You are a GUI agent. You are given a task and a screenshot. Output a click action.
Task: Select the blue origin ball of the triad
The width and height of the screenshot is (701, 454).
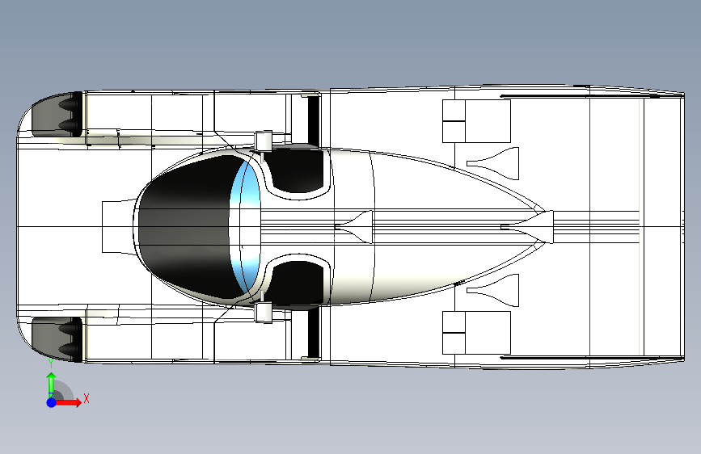(x=51, y=402)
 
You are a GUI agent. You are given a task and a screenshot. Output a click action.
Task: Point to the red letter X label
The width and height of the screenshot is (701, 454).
(x=87, y=398)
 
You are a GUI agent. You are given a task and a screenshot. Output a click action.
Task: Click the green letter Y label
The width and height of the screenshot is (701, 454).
(x=51, y=363)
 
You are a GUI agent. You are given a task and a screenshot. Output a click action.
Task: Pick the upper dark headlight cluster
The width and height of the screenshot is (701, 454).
(x=57, y=114)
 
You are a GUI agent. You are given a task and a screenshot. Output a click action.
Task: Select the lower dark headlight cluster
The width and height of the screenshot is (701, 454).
(x=57, y=339)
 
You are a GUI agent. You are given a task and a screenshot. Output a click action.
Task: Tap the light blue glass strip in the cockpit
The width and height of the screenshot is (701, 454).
(x=246, y=226)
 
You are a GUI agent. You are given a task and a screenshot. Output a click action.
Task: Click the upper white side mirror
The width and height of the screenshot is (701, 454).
(x=264, y=141)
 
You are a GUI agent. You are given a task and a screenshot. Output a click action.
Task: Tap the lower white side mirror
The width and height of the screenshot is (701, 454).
(x=264, y=313)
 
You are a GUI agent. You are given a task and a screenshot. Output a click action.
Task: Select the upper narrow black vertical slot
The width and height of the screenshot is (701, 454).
(x=314, y=120)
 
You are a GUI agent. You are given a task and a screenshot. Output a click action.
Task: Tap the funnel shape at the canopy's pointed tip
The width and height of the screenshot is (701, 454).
(x=532, y=227)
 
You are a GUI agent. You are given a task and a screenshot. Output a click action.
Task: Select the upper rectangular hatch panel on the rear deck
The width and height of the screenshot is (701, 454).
(x=476, y=121)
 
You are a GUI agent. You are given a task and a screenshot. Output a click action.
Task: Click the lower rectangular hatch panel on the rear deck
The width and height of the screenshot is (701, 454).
(x=476, y=333)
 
